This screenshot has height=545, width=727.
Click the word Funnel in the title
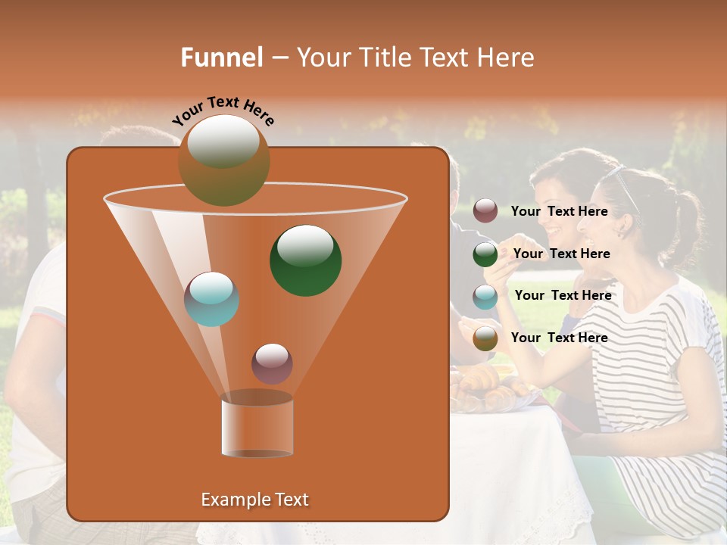[x=222, y=58]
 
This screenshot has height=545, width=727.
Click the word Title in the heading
[x=382, y=58]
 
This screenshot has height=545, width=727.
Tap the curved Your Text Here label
[x=223, y=111]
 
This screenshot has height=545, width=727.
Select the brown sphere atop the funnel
[x=223, y=160]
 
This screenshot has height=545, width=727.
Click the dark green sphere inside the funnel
[x=305, y=260]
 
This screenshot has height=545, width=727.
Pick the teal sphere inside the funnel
[x=211, y=299]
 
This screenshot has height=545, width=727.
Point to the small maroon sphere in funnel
[x=272, y=363]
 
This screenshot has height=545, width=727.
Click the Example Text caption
[x=254, y=500]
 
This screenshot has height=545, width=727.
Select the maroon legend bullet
[x=485, y=211]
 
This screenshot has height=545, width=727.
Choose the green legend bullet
[x=485, y=254]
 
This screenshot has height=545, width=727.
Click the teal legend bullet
[x=485, y=297]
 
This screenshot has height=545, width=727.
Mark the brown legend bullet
[x=485, y=338]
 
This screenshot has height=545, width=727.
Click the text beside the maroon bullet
[x=559, y=212]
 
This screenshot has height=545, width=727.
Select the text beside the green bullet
[x=561, y=254]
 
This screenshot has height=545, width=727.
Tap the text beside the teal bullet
[x=563, y=296]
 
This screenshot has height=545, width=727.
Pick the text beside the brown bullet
[x=559, y=338]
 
